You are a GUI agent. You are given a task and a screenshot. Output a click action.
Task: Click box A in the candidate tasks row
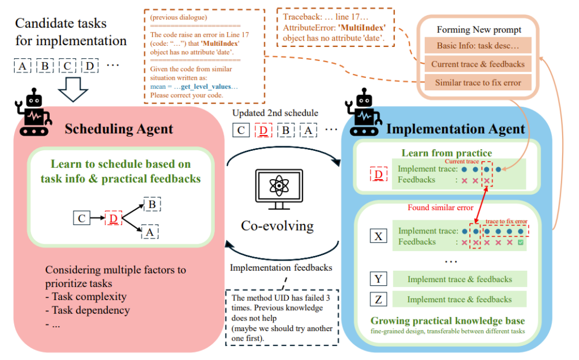(22, 66)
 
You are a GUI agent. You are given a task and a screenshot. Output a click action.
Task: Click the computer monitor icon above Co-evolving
(277, 190)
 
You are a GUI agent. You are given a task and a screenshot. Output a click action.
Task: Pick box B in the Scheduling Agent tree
(150, 204)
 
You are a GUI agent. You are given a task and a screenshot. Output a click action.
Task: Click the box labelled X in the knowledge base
(378, 236)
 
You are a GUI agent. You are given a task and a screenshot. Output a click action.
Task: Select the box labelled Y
(378, 279)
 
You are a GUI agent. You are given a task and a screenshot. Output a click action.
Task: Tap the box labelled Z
(378, 299)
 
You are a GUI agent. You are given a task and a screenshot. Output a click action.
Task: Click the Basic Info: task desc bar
(478, 45)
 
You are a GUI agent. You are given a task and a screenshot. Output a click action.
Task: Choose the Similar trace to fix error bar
(478, 83)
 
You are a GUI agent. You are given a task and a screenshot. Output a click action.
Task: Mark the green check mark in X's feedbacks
(520, 242)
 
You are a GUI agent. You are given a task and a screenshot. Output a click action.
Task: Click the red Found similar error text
(441, 207)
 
